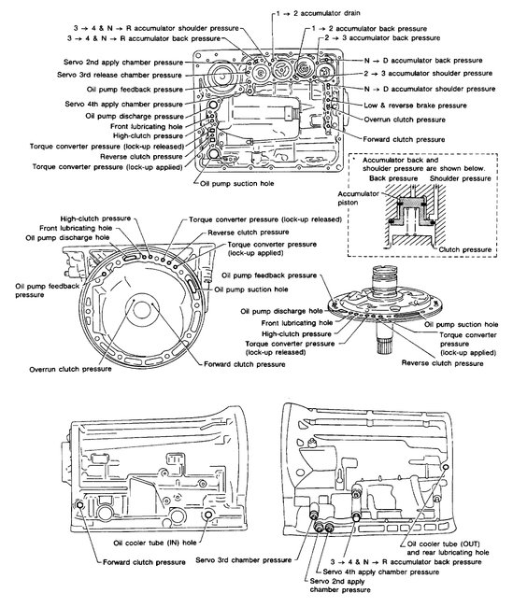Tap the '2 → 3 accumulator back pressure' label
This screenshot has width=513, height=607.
383,41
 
